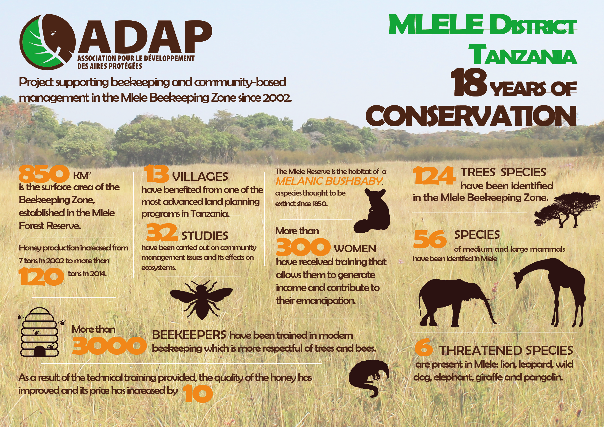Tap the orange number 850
(x=44, y=174)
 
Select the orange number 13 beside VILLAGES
(x=156, y=173)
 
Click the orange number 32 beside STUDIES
(x=162, y=232)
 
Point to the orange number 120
(x=41, y=276)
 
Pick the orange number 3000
(x=109, y=345)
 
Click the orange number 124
(x=434, y=176)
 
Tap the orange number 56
(x=430, y=239)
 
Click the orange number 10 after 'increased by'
(x=197, y=394)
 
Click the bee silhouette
(x=201, y=300)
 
